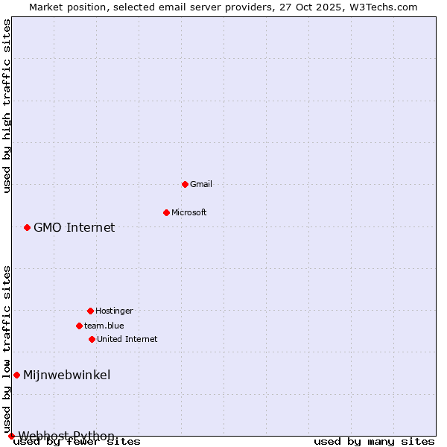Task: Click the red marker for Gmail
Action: click(x=185, y=184)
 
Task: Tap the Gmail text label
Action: click(x=201, y=184)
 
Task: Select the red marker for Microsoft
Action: click(x=166, y=212)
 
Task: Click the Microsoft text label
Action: click(x=188, y=212)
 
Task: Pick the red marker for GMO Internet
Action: click(x=27, y=227)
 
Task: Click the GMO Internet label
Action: click(x=74, y=227)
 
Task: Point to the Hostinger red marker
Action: click(x=90, y=311)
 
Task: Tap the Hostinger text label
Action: click(x=114, y=311)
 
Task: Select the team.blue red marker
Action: click(x=79, y=326)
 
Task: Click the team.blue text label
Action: click(x=104, y=326)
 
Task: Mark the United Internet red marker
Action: click(x=92, y=339)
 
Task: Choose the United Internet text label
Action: click(x=127, y=339)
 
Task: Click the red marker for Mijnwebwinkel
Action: click(x=16, y=375)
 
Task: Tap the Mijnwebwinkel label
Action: click(x=66, y=375)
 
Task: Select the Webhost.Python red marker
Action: click(x=11, y=436)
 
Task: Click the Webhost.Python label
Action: click(x=66, y=435)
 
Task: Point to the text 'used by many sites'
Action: click(x=374, y=441)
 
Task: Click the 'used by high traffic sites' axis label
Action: click(x=7, y=106)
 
